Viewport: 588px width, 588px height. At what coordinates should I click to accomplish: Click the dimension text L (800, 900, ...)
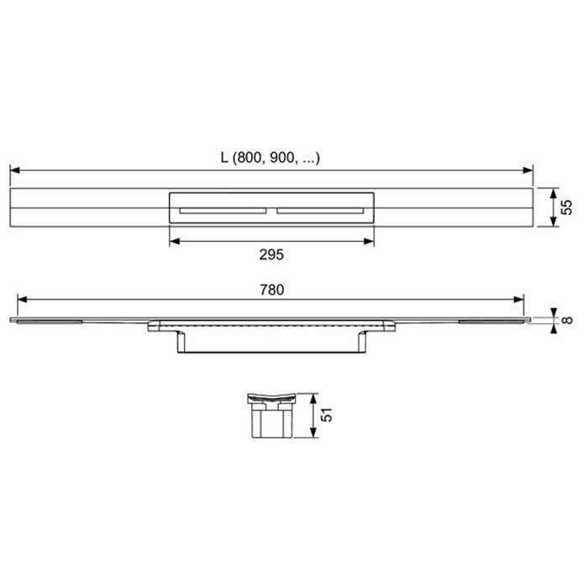point(270,157)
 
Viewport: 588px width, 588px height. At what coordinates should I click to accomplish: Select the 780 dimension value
point(270,289)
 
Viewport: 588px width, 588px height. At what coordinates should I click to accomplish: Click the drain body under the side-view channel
point(272,340)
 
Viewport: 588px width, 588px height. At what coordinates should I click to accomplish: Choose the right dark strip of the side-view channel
point(491,320)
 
